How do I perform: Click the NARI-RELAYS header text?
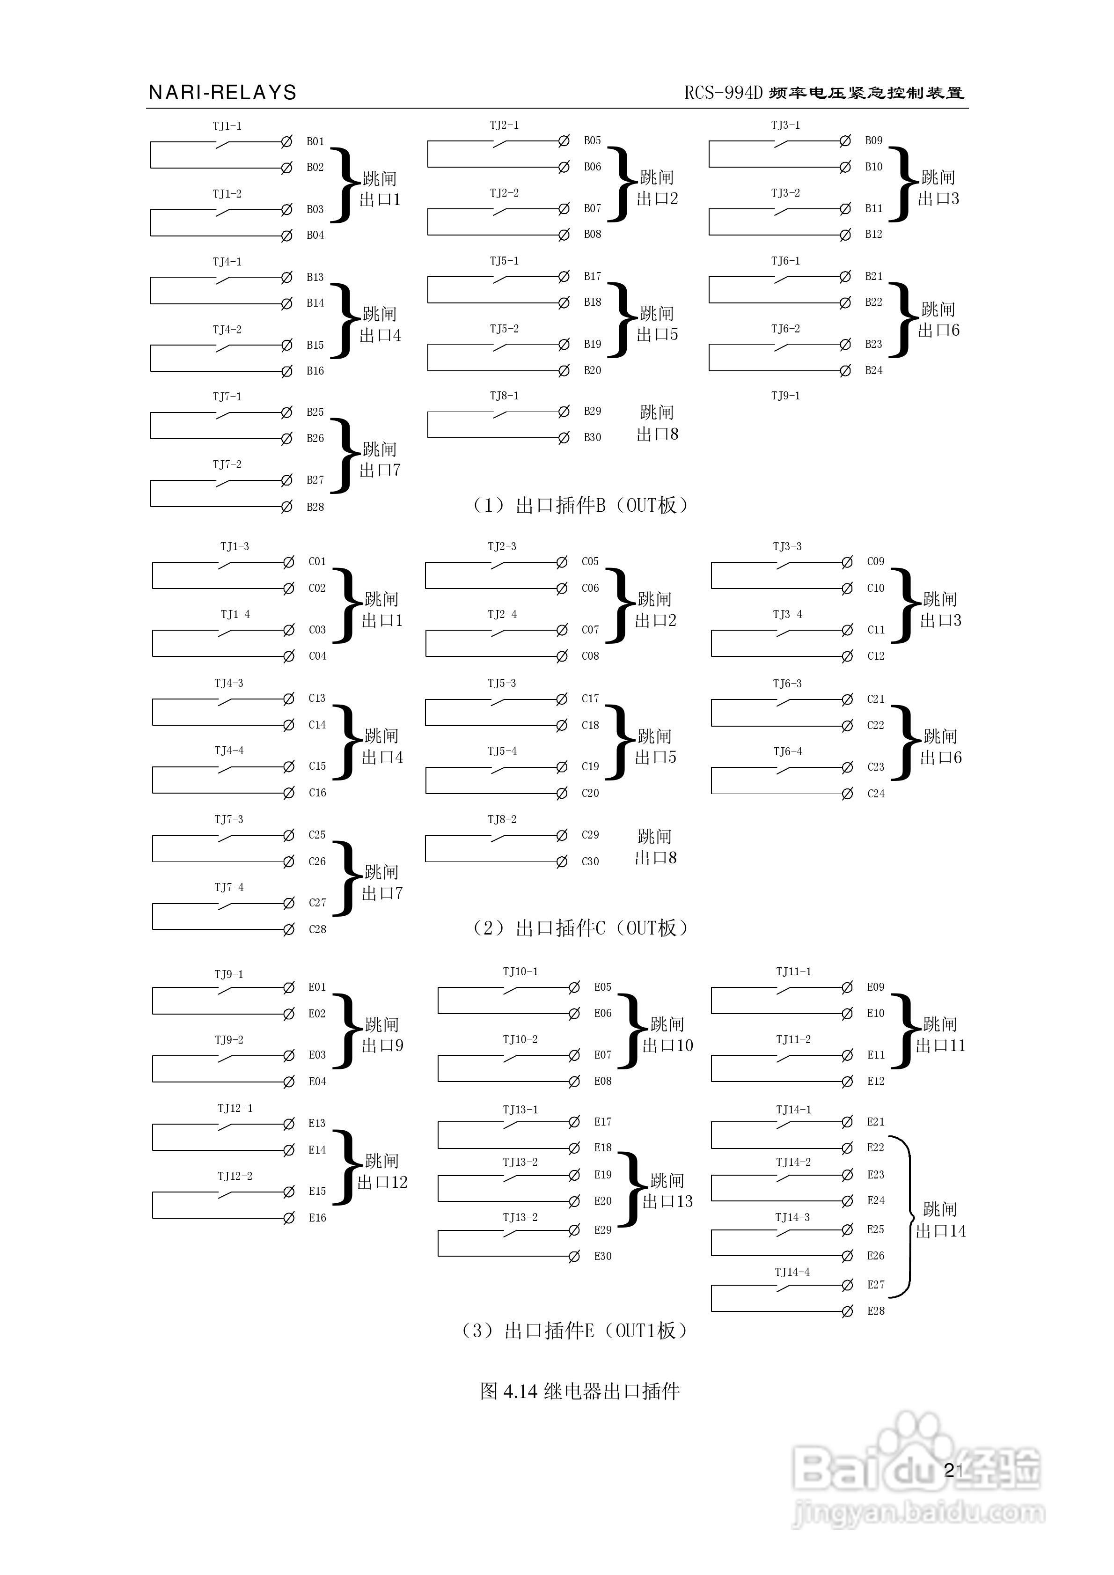pos(222,93)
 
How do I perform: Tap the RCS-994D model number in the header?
pos(723,93)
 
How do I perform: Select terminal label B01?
pos(315,141)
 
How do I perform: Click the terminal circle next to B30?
pos(564,438)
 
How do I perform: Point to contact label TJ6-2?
pos(785,329)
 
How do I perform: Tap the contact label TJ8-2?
pos(502,819)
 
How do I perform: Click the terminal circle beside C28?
pos(289,929)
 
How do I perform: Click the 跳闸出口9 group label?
pos(383,1035)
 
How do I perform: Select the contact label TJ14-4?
pos(792,1272)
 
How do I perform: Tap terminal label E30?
pos(603,1256)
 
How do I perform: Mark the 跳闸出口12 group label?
pos(383,1171)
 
